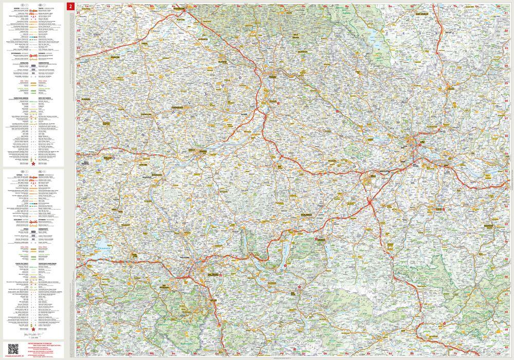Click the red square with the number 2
[71, 6]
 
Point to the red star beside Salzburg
[221, 276]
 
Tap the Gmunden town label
[322, 240]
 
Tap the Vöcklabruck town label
[308, 214]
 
